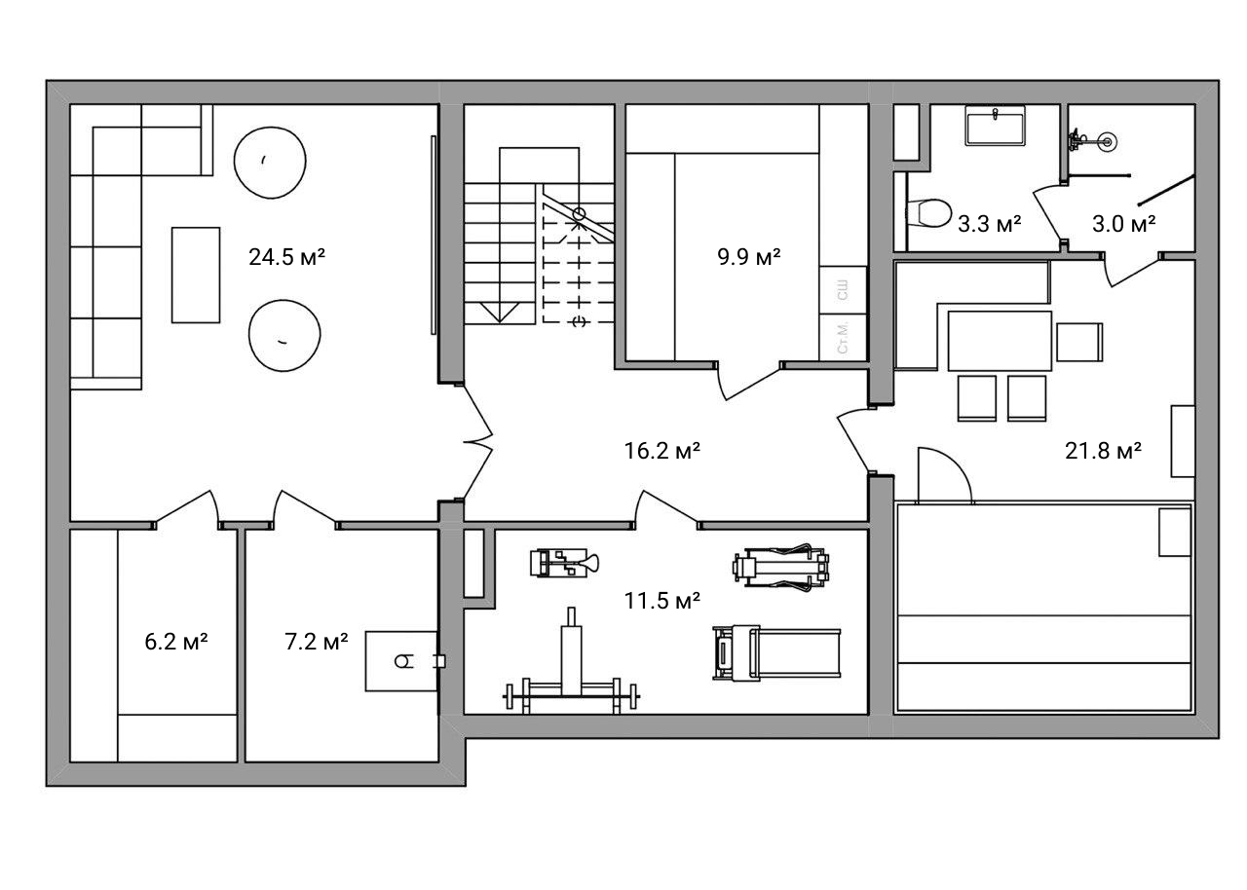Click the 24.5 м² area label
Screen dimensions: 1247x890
(x=286, y=257)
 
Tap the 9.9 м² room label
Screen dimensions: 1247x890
(x=749, y=256)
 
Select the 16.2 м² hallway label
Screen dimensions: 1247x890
(x=661, y=451)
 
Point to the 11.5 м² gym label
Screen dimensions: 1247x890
(x=661, y=601)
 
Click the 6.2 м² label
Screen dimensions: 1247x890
(x=176, y=642)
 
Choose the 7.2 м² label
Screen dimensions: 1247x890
(x=317, y=642)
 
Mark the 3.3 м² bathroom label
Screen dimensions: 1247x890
(x=989, y=224)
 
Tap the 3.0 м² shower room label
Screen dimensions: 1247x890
(x=1123, y=224)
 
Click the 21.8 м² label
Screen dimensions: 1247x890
(x=1104, y=451)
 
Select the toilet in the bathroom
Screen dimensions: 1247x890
(x=928, y=213)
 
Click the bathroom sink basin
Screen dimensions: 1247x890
(x=995, y=127)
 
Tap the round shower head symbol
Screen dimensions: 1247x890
(x=1108, y=142)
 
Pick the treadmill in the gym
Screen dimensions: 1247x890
(x=776, y=653)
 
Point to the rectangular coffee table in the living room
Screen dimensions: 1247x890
(x=196, y=275)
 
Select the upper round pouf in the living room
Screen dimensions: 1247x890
(x=270, y=163)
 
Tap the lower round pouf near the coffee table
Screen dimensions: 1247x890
(x=284, y=335)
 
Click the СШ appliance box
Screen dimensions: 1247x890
(x=843, y=290)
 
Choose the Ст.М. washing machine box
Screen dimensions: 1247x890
(x=843, y=337)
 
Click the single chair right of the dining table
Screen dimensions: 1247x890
(x=1079, y=342)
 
